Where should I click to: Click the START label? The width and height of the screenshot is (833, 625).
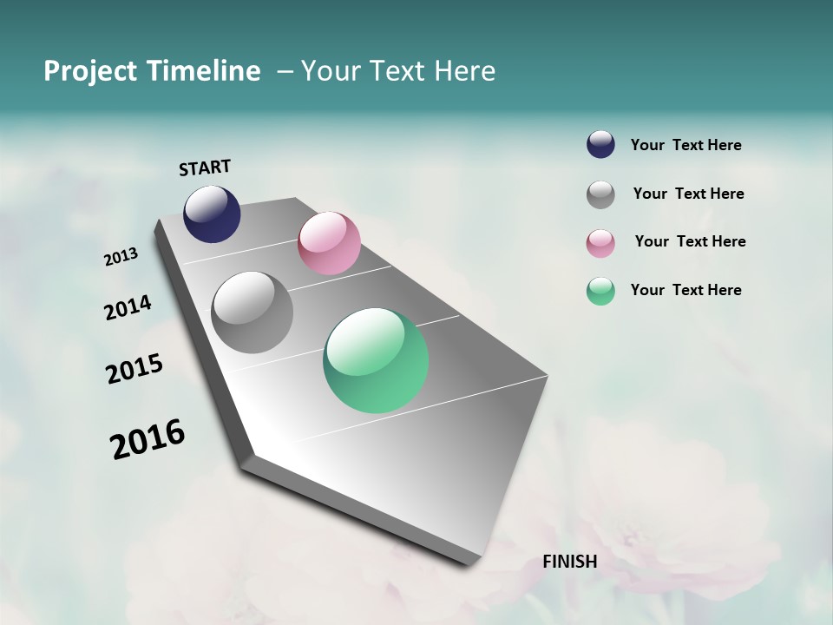click(x=205, y=168)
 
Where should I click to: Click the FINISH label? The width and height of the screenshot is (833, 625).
click(x=570, y=562)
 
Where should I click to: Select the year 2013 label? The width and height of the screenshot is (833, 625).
click(x=121, y=257)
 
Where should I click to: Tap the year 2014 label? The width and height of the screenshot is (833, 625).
click(x=128, y=307)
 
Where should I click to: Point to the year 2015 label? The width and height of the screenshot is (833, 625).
click(x=134, y=369)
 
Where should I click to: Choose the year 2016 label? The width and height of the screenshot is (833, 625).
click(x=148, y=438)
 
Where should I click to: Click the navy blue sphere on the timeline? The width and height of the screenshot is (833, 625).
click(x=212, y=214)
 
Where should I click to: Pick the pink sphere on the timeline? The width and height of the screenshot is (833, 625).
click(x=329, y=243)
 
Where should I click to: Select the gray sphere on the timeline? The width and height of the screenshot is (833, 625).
click(x=252, y=312)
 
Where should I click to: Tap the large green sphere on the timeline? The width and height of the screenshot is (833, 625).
click(x=376, y=360)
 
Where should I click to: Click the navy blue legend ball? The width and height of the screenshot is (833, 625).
click(x=600, y=145)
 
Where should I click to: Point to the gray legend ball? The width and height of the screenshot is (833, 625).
click(x=600, y=194)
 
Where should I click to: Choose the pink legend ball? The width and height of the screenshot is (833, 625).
click(x=600, y=243)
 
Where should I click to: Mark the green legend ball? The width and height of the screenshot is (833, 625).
click(x=600, y=291)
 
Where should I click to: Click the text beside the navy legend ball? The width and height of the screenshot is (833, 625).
click(x=685, y=146)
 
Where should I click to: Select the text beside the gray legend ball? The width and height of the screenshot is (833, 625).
click(x=688, y=194)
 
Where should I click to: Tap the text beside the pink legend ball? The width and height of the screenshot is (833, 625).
click(x=690, y=241)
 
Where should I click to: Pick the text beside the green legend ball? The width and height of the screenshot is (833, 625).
click(x=685, y=290)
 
